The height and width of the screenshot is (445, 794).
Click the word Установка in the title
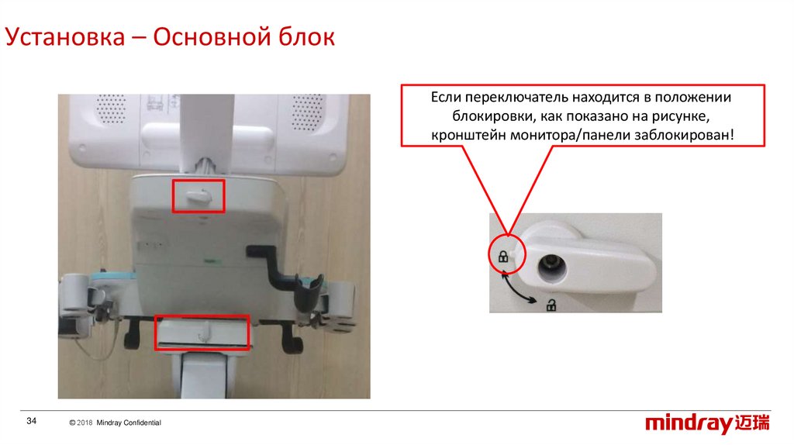pyautogui.click(x=65, y=37)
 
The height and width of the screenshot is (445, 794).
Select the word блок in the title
pyautogui.click(x=306, y=37)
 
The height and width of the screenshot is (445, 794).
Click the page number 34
pyautogui.click(x=31, y=421)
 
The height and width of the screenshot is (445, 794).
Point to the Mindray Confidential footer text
pyautogui.click(x=129, y=423)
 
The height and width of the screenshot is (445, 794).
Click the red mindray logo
pyautogui.click(x=707, y=423)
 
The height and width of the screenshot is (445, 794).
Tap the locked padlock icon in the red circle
pyautogui.click(x=502, y=257)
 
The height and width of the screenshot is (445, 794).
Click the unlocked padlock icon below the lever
pyautogui.click(x=551, y=305)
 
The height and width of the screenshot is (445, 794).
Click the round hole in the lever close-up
pyautogui.click(x=552, y=267)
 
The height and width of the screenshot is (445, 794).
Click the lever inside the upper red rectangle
pyautogui.click(x=198, y=196)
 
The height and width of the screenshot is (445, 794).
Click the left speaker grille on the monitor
pyautogui.click(x=111, y=109)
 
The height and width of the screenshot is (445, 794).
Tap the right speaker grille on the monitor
pyautogui.click(x=307, y=112)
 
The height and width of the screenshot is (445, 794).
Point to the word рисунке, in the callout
pyautogui.click(x=680, y=116)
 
